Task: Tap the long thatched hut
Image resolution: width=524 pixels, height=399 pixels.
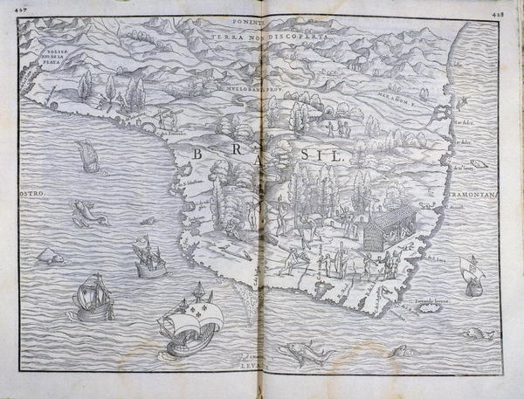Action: coord(389,228)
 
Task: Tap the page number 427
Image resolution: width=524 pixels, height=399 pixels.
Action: coord(22,9)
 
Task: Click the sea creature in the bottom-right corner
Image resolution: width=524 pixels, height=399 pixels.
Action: coord(478,334)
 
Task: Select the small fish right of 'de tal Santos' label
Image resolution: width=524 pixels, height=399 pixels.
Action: coord(478,164)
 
